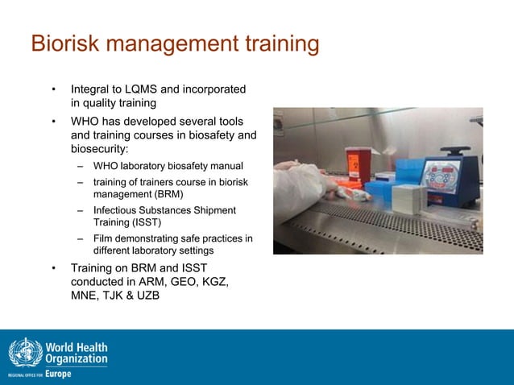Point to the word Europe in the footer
58,374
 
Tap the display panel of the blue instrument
441,176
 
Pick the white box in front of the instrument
409,197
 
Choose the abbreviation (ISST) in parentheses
146,221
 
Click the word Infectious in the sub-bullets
118,210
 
